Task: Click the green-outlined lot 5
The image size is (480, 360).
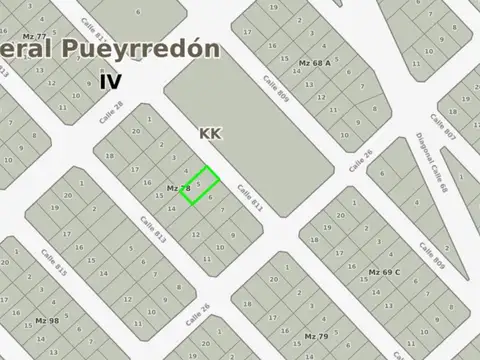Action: click(200, 185)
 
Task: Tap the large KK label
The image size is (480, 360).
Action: click(210, 132)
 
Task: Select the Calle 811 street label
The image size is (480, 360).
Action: click(250, 198)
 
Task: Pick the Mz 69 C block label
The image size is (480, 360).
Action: click(384, 272)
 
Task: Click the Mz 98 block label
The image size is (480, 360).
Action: click(47, 321)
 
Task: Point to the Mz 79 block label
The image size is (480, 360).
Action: click(316, 335)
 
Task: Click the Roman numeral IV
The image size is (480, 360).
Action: click(109, 82)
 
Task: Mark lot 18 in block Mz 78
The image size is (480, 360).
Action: click(109, 155)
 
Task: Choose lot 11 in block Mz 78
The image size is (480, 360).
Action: click(207, 258)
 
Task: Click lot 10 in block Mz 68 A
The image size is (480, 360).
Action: click(344, 134)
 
